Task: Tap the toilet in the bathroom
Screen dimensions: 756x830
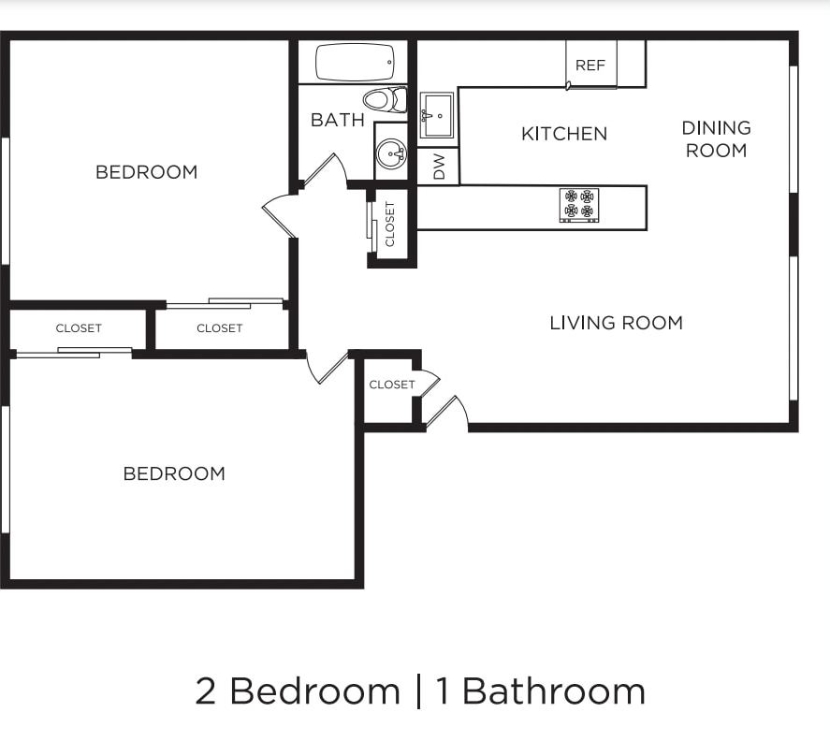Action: (x=386, y=99)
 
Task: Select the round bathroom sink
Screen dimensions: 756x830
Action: (x=391, y=152)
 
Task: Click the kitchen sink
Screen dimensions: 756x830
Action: (x=437, y=115)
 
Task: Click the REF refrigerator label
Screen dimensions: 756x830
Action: (x=590, y=65)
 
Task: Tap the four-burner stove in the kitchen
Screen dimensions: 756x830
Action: (x=579, y=205)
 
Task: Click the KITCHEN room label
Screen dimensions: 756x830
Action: (x=564, y=134)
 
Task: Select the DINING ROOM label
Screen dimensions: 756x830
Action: (x=716, y=138)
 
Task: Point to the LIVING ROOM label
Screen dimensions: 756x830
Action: (x=616, y=323)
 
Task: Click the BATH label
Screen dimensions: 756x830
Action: (x=338, y=120)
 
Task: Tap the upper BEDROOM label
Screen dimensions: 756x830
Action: (x=147, y=172)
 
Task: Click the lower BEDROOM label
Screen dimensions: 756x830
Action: (x=174, y=473)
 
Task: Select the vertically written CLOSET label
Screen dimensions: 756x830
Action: (x=390, y=225)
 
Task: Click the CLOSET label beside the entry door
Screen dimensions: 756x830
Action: (x=391, y=385)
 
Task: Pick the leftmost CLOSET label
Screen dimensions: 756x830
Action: (x=79, y=328)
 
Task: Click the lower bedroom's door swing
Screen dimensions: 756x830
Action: (x=327, y=368)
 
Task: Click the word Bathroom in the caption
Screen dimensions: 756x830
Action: (x=554, y=691)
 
